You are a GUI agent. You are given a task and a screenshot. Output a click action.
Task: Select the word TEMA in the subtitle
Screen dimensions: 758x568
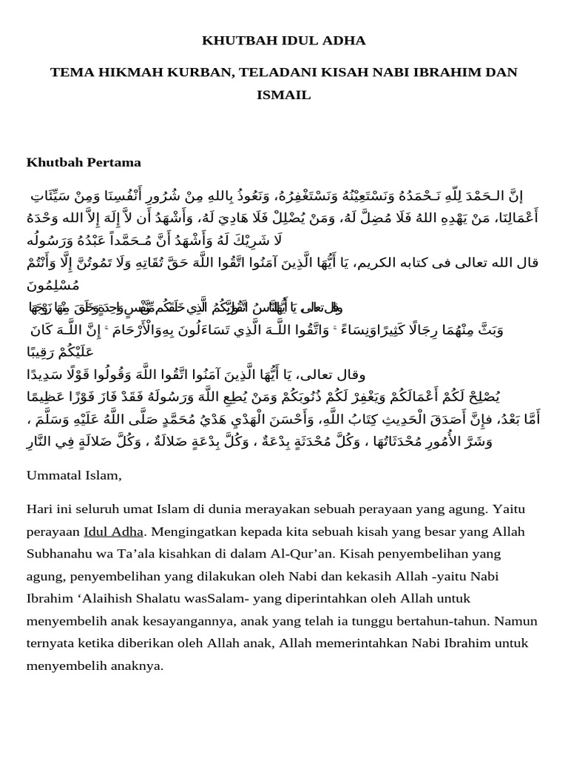(x=70, y=72)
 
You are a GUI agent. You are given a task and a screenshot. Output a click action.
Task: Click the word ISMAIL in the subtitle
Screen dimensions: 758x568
(x=283, y=95)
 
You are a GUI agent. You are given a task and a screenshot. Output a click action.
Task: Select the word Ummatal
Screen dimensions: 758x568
(x=56, y=474)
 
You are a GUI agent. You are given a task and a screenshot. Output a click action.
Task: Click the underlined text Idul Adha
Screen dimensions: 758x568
(x=114, y=531)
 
